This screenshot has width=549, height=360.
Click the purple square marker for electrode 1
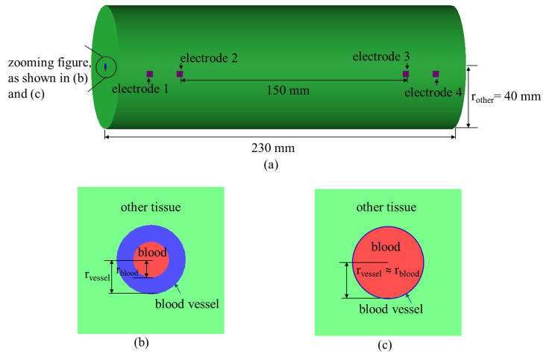coord(149,74)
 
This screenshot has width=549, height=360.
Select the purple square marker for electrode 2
coord(179,74)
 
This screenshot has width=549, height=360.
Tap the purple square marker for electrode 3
coord(406,74)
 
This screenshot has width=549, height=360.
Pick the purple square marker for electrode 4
coord(436,74)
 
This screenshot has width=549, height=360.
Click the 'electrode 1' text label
coord(140,88)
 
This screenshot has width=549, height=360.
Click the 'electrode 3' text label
coord(381,57)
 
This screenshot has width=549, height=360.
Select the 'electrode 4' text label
coord(433,92)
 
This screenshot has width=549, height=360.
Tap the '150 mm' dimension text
coord(289,90)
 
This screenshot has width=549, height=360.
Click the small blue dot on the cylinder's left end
coord(105,68)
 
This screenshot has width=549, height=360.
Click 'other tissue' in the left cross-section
coord(151,206)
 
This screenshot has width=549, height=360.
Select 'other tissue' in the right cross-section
coord(386,206)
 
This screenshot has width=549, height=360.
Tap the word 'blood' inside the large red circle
coord(386,247)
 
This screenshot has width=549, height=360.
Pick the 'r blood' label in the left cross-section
coord(128,271)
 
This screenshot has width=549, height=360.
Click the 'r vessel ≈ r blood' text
coord(387,272)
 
